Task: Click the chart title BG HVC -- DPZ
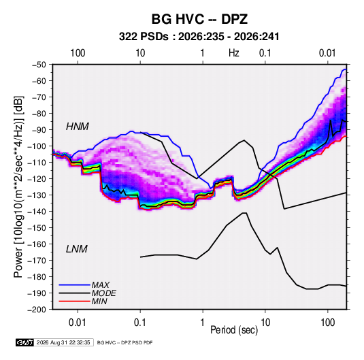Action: tap(199, 19)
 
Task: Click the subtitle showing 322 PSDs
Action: tap(199, 37)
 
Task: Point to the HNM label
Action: tap(78, 127)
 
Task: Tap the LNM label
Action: tap(77, 249)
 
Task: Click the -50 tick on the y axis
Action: tap(39, 65)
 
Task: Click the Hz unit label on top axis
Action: tap(234, 53)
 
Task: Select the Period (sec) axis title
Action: tap(234, 330)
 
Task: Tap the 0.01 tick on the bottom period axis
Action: tap(78, 323)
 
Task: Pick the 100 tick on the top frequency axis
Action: tap(78, 53)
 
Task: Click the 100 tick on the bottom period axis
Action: tap(327, 323)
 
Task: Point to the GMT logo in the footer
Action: tap(24, 342)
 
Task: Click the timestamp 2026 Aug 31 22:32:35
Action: tap(63, 342)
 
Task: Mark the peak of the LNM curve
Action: tap(244, 213)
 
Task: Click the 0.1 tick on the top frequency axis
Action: tap(265, 53)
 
